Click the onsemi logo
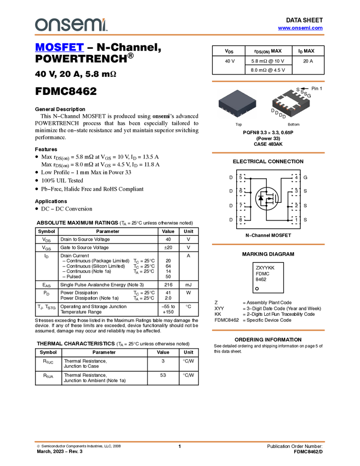(x=71, y=25)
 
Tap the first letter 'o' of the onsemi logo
(x=40, y=25)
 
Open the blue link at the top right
(x=300, y=28)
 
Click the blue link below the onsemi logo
(x=59, y=48)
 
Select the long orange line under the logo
(x=179, y=35)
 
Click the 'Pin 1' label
(x=317, y=88)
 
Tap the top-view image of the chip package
(x=237, y=103)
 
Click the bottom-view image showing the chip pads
(x=291, y=103)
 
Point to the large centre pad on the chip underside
(x=291, y=101)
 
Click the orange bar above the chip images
(x=268, y=81)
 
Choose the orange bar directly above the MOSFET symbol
(x=268, y=153)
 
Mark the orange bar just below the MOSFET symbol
(x=268, y=245)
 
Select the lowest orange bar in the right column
(x=268, y=330)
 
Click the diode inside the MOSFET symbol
(x=260, y=198)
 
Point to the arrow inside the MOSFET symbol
(x=268, y=199)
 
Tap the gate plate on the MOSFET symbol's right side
(x=276, y=199)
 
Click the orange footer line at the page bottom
(x=179, y=441)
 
